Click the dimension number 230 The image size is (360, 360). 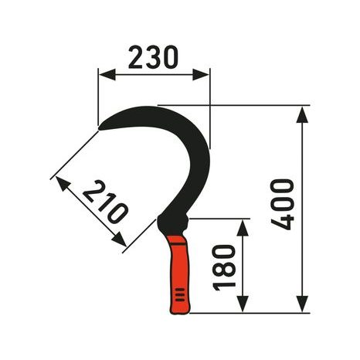(153, 56)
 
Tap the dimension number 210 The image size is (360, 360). (104, 202)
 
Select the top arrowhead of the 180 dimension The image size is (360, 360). (243, 226)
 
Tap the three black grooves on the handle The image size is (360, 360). (180, 296)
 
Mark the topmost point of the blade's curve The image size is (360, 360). (155, 106)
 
